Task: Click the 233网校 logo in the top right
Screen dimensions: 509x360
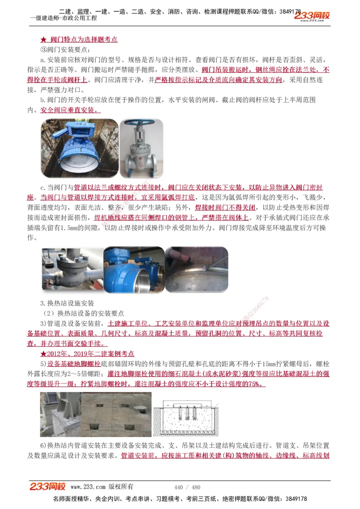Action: pyautogui.click(x=312, y=16)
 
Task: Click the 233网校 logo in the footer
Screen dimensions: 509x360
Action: pyautogui.click(x=48, y=487)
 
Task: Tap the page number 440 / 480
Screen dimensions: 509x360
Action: pyautogui.click(x=187, y=487)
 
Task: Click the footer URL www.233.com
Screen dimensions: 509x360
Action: pyautogui.click(x=88, y=487)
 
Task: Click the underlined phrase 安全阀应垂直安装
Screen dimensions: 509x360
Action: pyautogui.click(x=70, y=110)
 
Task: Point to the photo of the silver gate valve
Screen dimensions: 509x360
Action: pyautogui.click(x=141, y=148)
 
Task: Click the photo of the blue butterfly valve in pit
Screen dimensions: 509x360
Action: pyautogui.click(x=80, y=148)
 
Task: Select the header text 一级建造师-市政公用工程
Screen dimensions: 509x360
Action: pyautogui.click(x=63, y=18)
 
